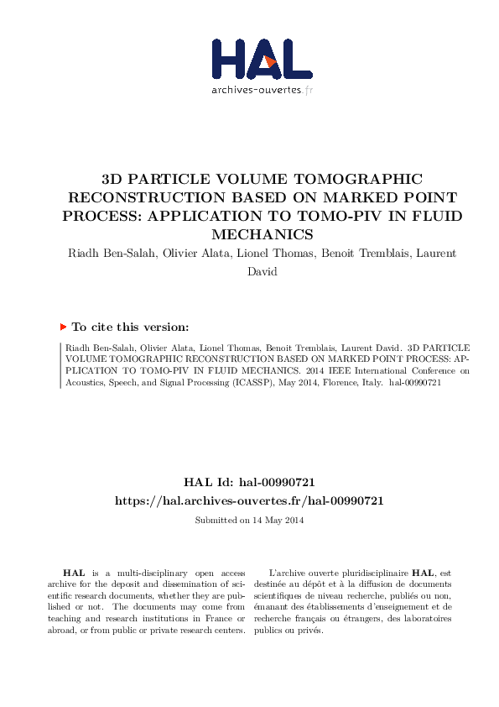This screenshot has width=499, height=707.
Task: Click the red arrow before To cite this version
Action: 63,327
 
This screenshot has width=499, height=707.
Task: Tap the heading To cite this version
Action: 130,327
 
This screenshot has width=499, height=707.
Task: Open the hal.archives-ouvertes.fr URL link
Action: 249,500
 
